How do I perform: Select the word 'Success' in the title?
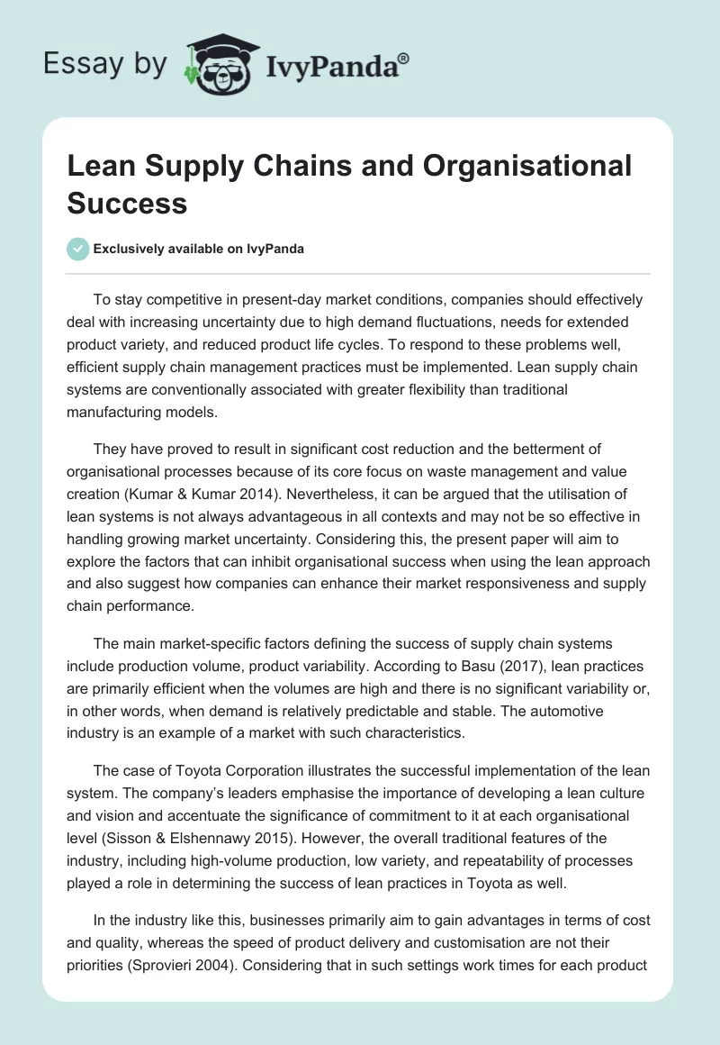pos(127,203)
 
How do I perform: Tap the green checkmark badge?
pos(78,249)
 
